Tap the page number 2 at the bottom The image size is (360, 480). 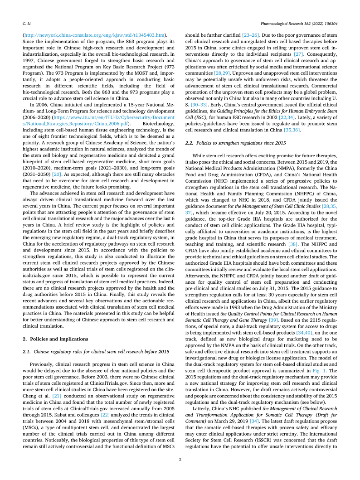[180, 460]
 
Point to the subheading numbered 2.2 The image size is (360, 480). [236, 143]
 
